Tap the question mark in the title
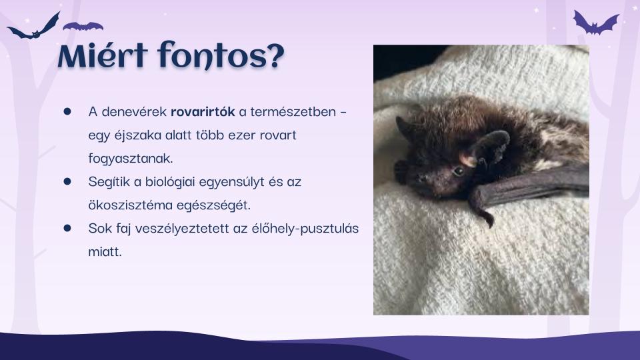coord(275,55)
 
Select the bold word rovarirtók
coord(203,111)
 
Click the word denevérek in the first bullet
coord(134,111)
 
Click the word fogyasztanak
coord(131,159)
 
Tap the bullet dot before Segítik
coord(67,181)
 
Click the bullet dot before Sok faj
coord(67,228)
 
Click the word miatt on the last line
coord(105,251)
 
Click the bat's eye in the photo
coord(458,171)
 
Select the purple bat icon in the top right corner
coord(595,23)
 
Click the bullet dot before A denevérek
coord(67,111)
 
